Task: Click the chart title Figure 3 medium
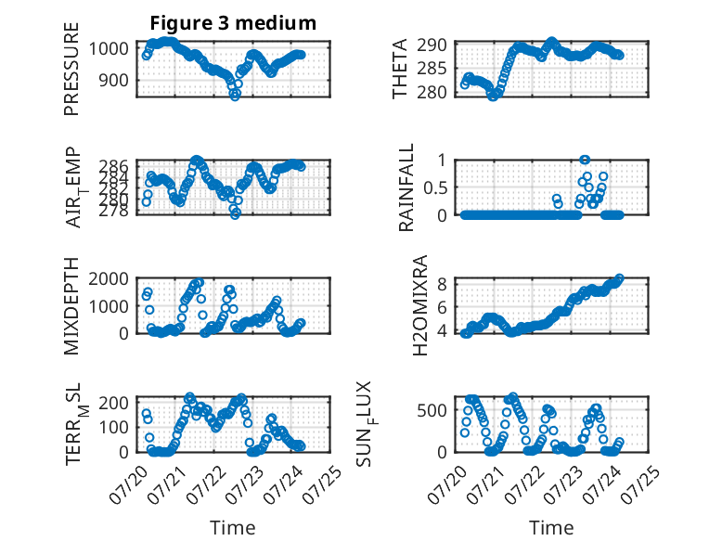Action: pos(233,23)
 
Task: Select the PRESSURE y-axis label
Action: pos(71,69)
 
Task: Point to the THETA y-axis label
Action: pos(400,69)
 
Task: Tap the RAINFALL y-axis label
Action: pos(406,187)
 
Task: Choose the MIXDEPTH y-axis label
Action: pos(71,305)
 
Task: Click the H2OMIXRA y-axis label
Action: pos(420,305)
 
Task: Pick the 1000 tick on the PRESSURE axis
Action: pos(109,48)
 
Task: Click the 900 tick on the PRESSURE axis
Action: pos(113,80)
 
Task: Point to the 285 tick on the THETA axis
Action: pos(432,69)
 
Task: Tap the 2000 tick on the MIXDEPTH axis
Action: pos(109,278)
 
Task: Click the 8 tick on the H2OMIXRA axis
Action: pos(442,284)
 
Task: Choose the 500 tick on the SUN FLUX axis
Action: pos(432,410)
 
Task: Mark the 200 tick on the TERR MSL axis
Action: pos(113,403)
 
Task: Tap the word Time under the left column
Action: pos(233,527)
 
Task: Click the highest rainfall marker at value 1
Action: pos(585,160)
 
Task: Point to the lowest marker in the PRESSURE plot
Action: pos(235,96)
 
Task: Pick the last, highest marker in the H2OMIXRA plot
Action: pos(619,278)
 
